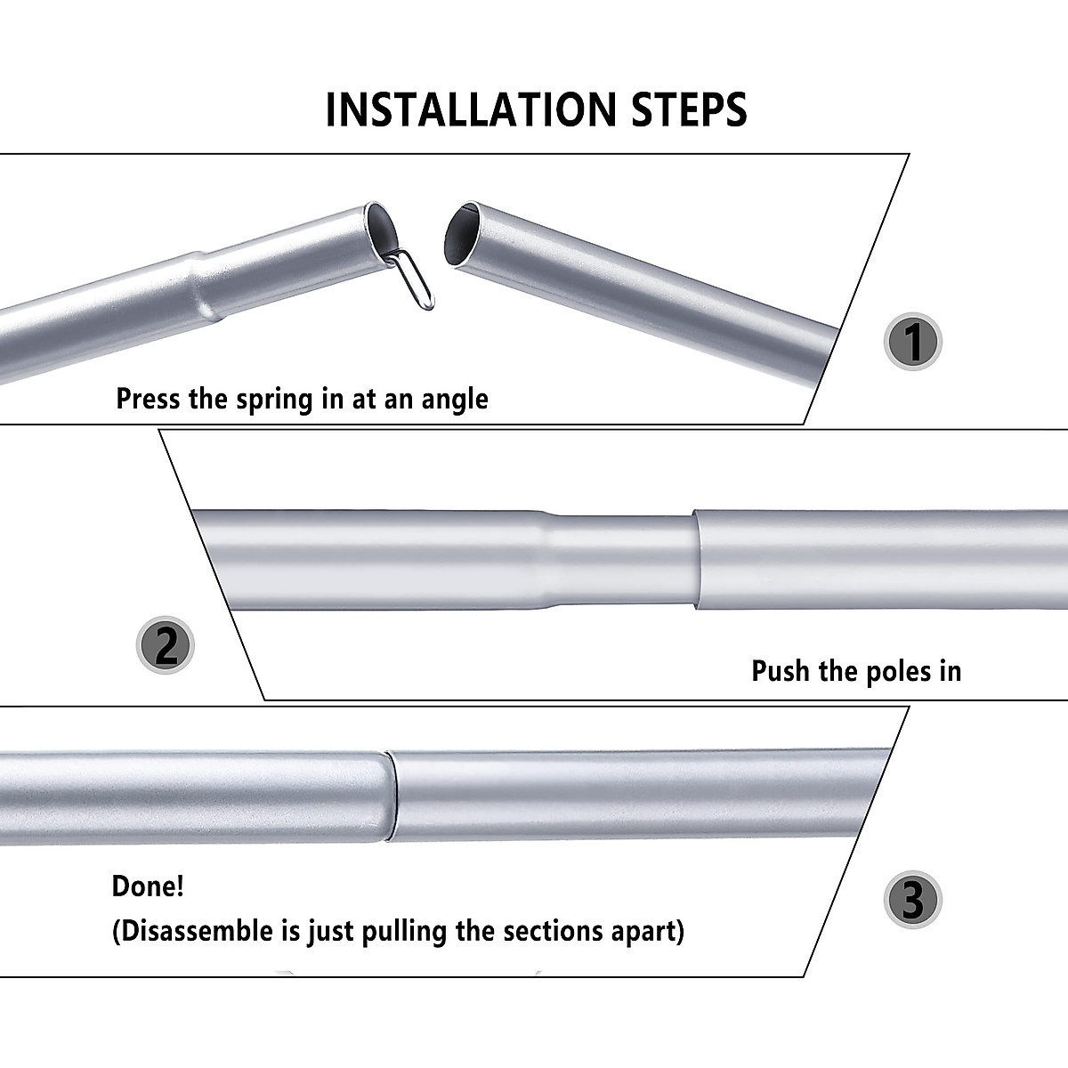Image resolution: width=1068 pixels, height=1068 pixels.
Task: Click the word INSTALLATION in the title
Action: tap(471, 109)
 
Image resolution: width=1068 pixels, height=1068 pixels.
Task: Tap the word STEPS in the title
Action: tap(689, 109)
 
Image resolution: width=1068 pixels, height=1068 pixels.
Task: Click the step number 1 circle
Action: tap(912, 342)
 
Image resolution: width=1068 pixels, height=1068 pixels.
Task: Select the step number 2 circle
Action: tap(166, 645)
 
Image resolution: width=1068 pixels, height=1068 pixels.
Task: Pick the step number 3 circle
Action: tap(912, 900)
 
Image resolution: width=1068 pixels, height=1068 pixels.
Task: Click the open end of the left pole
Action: tap(382, 230)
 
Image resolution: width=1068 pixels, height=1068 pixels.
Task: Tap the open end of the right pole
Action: tap(463, 234)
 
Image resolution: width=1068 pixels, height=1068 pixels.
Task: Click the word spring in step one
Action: tap(274, 400)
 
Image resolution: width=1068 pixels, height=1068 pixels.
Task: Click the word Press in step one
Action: tap(149, 399)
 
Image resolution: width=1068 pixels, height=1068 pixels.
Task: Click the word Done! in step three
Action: tap(148, 886)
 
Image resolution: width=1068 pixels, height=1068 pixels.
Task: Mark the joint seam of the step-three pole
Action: tap(391, 797)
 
